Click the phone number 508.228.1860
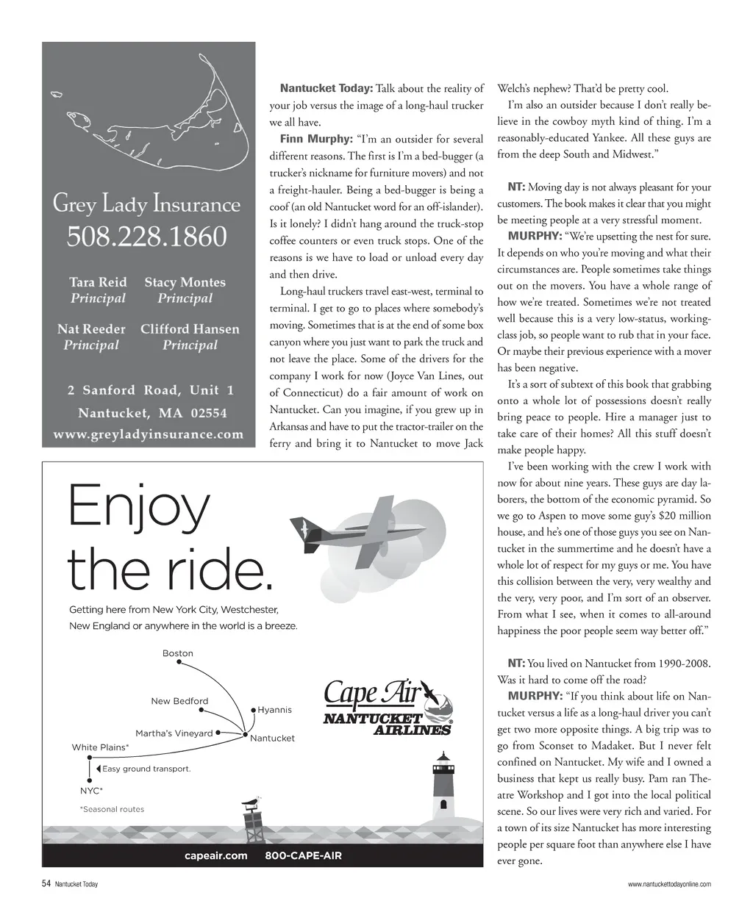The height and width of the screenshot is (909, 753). [147, 237]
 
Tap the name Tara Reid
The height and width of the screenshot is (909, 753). [98, 282]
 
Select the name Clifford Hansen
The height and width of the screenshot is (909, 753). [190, 328]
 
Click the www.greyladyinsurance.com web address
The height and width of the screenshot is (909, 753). [148, 434]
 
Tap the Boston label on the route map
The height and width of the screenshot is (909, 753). [178, 653]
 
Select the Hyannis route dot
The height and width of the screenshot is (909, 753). [253, 710]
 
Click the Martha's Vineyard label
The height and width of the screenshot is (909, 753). [174, 733]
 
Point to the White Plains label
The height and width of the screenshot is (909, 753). [100, 747]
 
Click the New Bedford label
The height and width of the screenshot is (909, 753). [179, 701]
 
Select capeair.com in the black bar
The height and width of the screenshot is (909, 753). [216, 855]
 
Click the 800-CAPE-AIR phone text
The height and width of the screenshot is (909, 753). [303, 855]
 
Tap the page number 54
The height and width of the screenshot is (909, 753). [46, 884]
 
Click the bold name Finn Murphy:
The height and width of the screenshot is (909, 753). [308, 139]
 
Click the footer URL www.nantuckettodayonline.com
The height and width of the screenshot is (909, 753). [669, 884]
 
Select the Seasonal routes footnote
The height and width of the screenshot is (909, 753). [112, 809]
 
